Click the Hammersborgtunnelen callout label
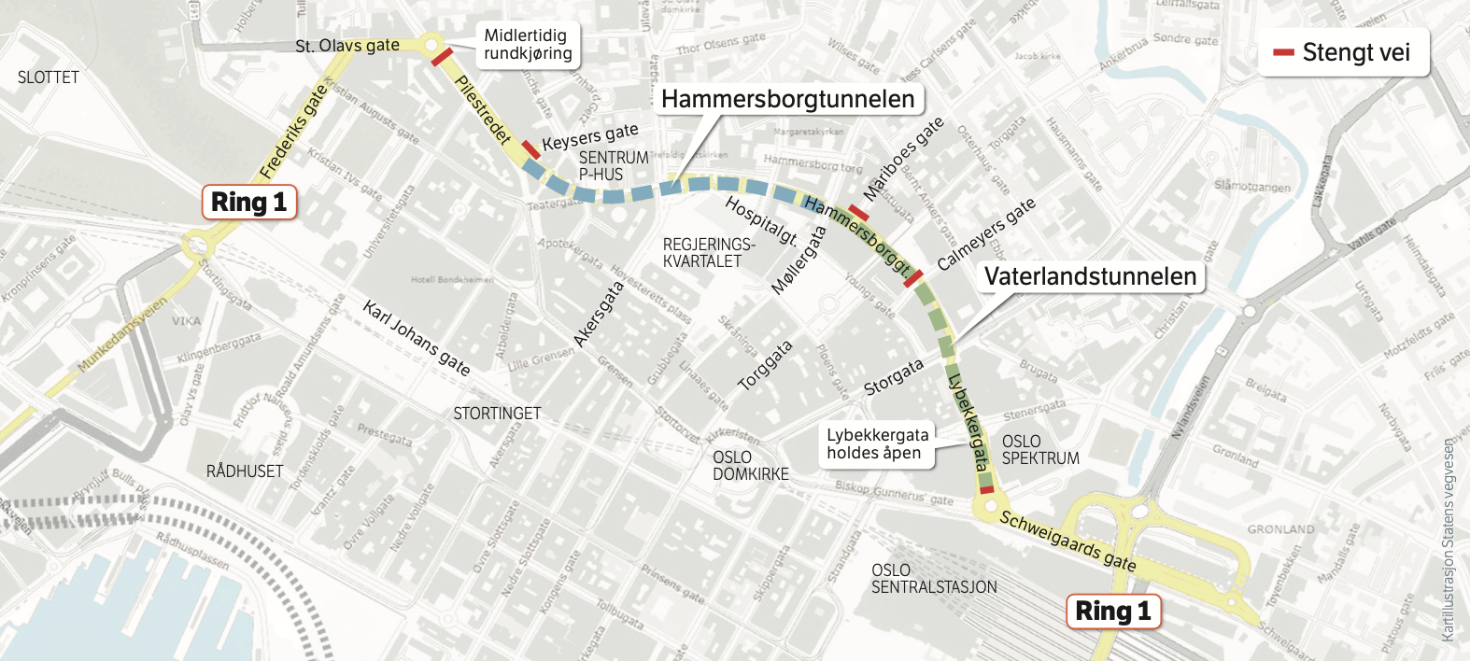787,99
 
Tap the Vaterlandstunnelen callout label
1090,276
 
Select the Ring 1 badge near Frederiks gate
249,202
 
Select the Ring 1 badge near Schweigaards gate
1113,612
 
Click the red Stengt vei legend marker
1283,52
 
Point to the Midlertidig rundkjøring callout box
528,45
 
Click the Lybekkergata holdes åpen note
877,444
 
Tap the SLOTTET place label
49,77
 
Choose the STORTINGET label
497,414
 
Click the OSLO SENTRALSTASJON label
934,579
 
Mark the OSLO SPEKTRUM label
1039,450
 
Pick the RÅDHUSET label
245,471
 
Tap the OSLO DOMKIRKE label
750,466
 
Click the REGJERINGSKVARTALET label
708,253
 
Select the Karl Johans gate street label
417,338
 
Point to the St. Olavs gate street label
346,46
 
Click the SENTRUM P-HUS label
613,166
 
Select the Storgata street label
894,377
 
